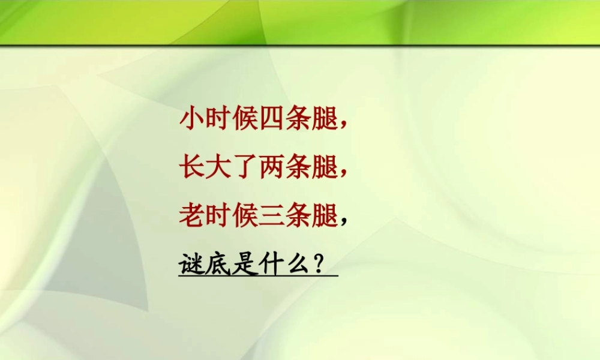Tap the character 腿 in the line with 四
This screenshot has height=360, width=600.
click(325, 119)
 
